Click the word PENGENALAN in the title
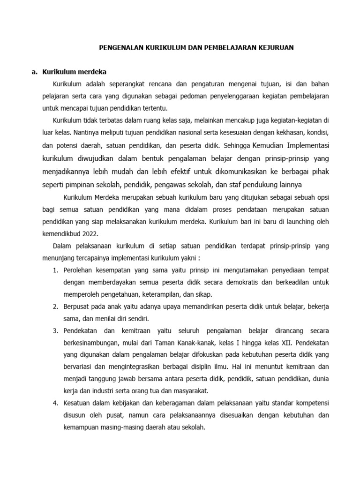pyautogui.click(x=117, y=48)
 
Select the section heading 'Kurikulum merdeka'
pyautogui.click(x=75, y=72)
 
